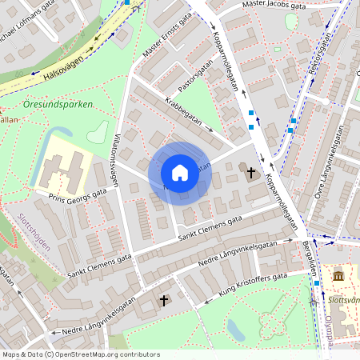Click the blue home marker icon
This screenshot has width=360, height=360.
coord(180,172)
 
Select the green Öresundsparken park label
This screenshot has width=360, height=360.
coord(58,105)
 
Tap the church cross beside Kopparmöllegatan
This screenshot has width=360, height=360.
coord(251,172)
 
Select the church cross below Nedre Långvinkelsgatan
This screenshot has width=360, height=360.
coord(164,301)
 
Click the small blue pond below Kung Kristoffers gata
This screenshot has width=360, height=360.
coord(235,328)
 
